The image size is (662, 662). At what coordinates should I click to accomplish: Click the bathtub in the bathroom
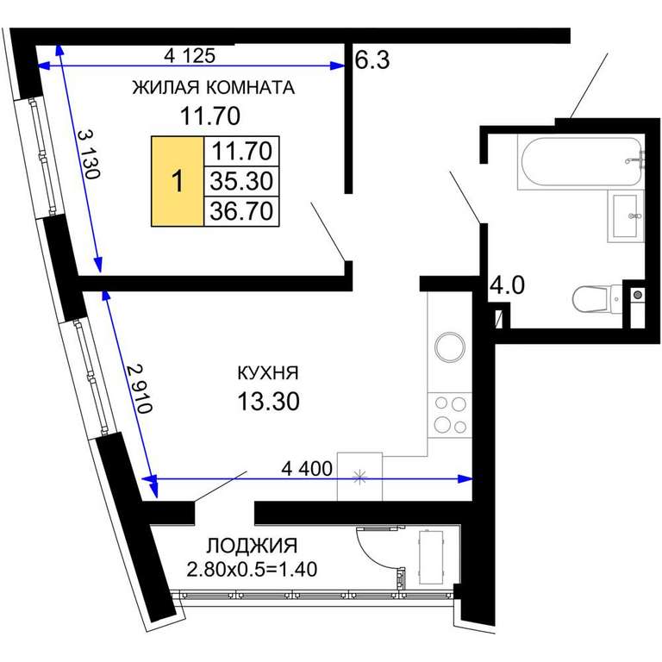(581, 162)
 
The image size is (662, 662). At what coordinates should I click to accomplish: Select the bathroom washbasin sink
(626, 215)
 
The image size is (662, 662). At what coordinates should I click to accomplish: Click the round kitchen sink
(450, 347)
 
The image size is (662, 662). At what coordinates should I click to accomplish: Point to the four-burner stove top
(450, 415)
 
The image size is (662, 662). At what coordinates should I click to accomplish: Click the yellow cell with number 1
(178, 181)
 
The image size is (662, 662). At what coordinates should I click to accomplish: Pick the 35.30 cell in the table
(241, 181)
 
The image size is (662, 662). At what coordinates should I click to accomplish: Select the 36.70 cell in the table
(241, 211)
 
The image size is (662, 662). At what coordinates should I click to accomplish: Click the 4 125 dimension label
(190, 55)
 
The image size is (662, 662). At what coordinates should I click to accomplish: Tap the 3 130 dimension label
(90, 154)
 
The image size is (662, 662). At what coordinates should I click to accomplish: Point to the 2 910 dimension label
(140, 389)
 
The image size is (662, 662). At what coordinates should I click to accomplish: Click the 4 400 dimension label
(307, 469)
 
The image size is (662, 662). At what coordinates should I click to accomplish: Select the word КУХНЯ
(268, 373)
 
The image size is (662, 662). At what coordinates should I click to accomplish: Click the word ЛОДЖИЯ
(252, 546)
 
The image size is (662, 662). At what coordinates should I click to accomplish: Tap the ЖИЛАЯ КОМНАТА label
(213, 87)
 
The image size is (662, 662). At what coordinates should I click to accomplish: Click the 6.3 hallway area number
(372, 60)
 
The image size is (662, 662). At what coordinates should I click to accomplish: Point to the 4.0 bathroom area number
(507, 285)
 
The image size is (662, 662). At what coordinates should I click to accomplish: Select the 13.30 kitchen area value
(269, 401)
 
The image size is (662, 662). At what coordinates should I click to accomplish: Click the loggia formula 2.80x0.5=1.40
(252, 569)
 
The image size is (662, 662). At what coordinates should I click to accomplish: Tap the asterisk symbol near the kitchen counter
(359, 478)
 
